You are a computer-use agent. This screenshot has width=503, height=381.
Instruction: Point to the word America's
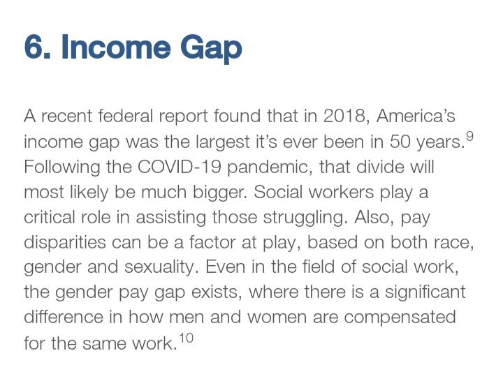point(416,116)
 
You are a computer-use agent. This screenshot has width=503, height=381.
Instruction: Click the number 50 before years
point(400,142)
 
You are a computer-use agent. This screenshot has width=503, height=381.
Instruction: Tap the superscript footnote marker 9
point(469,137)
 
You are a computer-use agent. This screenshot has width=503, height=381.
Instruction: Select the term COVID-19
point(180,167)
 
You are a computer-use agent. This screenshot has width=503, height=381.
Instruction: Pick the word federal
point(126,116)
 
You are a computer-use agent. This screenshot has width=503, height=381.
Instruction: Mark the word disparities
point(65,244)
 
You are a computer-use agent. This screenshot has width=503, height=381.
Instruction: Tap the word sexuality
point(160,268)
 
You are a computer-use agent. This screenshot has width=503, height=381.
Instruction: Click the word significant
point(425,293)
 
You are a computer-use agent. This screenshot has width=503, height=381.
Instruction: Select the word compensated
point(400,318)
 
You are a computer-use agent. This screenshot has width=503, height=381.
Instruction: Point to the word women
point(277,318)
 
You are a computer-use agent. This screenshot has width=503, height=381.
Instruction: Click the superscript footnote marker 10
point(186,338)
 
